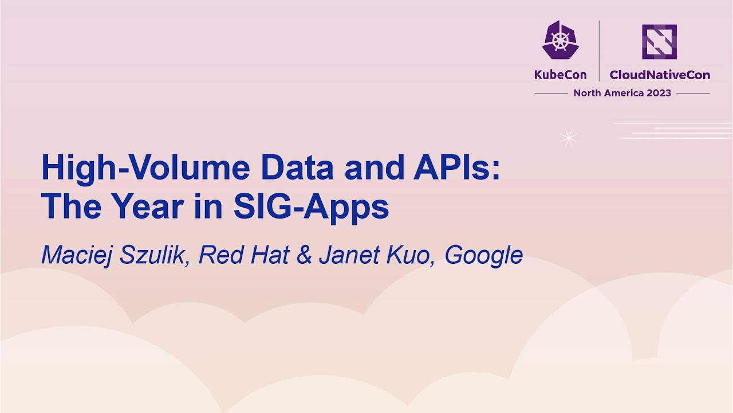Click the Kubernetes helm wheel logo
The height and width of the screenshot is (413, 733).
tap(560, 41)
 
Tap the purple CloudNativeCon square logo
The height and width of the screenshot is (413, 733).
tap(659, 41)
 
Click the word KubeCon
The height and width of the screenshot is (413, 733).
tap(560, 75)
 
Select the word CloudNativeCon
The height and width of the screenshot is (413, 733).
tap(660, 75)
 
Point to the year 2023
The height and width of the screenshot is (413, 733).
tap(659, 93)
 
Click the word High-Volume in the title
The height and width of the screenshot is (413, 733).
tap(145, 169)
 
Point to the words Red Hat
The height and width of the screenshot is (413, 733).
tap(243, 255)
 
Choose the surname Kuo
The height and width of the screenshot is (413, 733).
tap(407, 255)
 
